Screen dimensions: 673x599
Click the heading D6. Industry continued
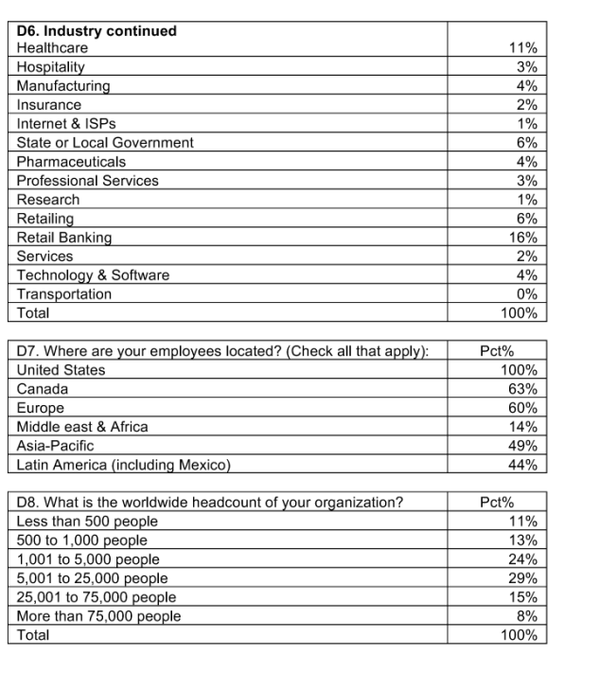(x=97, y=31)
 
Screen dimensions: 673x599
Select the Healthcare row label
(x=53, y=48)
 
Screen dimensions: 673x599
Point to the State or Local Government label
(x=105, y=143)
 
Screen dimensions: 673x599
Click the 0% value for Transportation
(x=527, y=294)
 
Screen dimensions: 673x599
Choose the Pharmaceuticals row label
(x=71, y=162)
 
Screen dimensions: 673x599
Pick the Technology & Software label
(x=94, y=275)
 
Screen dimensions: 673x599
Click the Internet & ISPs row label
(x=67, y=124)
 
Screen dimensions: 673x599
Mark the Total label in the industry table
(x=33, y=313)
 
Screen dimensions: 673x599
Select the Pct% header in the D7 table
(x=497, y=351)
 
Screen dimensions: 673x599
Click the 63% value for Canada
(x=523, y=389)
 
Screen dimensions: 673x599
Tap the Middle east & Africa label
(x=82, y=427)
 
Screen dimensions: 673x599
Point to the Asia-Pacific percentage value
(x=523, y=446)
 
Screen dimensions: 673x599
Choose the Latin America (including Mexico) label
(x=124, y=465)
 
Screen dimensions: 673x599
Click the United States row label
(x=62, y=370)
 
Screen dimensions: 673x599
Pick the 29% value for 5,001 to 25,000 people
(x=523, y=578)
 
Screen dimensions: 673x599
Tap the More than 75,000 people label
(x=99, y=616)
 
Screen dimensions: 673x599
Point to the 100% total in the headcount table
(x=520, y=635)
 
